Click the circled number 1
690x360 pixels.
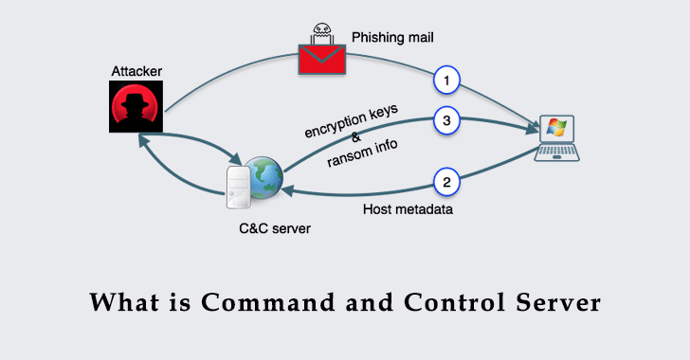(447, 81)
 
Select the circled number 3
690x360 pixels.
(447, 121)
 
